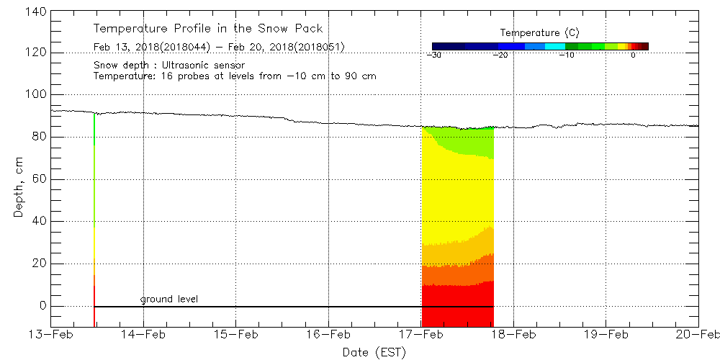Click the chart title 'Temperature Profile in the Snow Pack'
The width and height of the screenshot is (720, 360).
(208, 29)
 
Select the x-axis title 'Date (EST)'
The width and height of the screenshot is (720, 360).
(374, 352)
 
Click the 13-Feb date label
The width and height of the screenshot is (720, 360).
(51, 335)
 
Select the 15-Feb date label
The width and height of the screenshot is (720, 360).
(236, 335)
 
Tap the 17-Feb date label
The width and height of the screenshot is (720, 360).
(421, 335)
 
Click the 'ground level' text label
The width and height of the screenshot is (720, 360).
(169, 299)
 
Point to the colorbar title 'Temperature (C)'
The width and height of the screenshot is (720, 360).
(539, 33)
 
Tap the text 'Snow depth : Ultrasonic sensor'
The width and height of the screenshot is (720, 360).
(169, 65)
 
